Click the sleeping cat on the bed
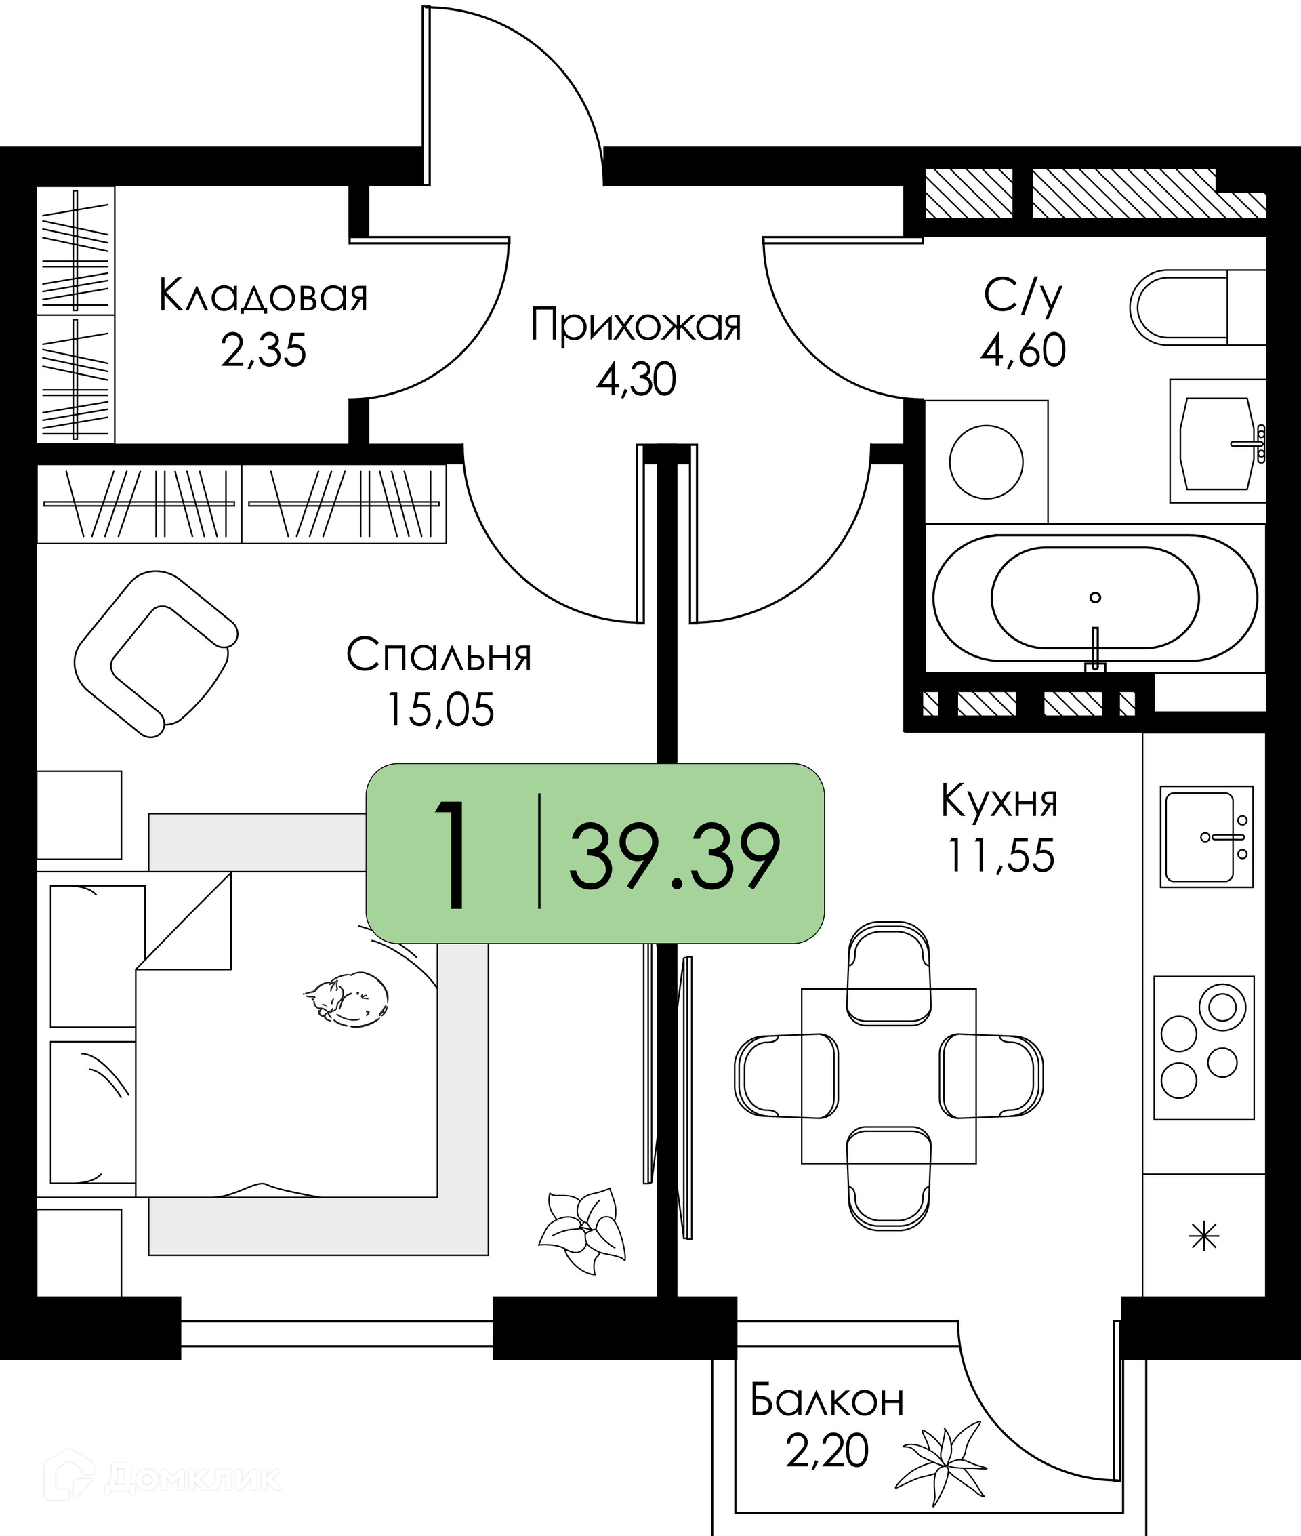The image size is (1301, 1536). coord(346,998)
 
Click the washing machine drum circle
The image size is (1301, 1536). coord(986,462)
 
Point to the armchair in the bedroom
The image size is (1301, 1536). coord(156,653)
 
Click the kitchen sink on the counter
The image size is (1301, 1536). coord(1207,836)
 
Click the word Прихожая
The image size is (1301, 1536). coord(636,325)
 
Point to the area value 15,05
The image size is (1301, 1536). coord(440,710)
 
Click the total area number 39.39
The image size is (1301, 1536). coord(675,857)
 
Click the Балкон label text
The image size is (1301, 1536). coord(827,1400)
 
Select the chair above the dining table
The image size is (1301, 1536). coord(889,974)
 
